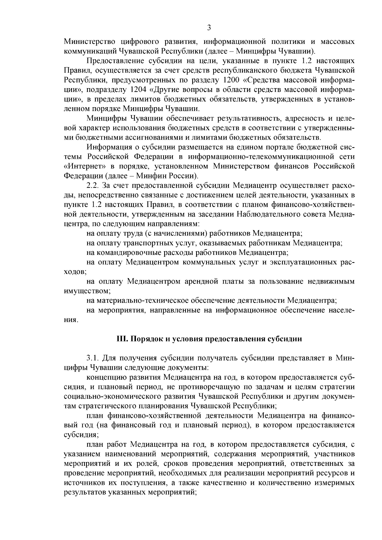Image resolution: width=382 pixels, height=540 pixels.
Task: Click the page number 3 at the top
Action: [x=209, y=28]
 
